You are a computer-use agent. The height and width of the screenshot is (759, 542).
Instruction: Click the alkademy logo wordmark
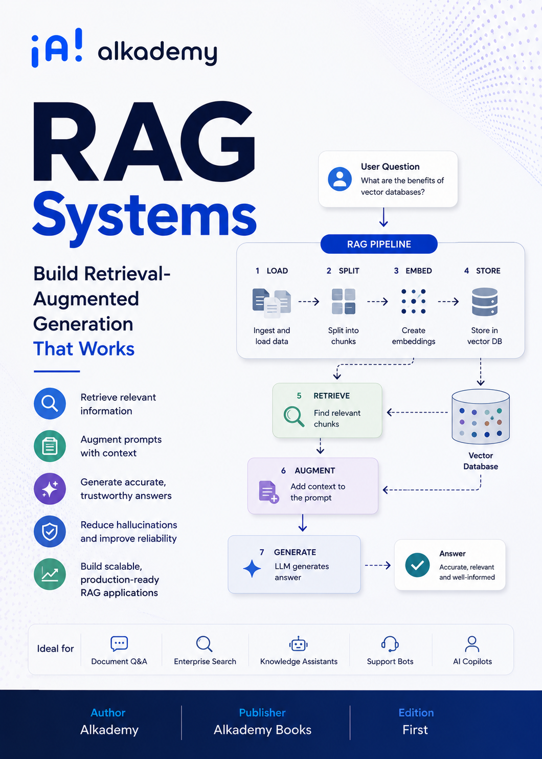click(157, 52)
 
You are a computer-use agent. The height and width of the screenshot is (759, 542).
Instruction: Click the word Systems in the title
click(145, 217)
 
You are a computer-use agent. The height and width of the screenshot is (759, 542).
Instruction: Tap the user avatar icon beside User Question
click(340, 179)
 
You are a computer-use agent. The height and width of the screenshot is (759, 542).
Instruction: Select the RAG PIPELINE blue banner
click(379, 244)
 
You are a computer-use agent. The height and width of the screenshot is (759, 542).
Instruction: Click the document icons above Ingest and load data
click(272, 303)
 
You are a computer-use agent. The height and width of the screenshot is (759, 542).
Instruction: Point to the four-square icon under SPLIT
click(344, 301)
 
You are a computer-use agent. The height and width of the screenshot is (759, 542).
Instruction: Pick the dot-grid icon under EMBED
click(413, 301)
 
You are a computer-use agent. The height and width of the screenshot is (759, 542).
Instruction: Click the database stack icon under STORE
click(484, 302)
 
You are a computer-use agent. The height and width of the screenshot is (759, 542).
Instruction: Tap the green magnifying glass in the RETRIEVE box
click(293, 416)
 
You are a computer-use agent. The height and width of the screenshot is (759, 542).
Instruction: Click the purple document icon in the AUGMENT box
click(268, 492)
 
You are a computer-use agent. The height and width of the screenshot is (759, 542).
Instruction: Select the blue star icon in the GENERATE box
click(252, 569)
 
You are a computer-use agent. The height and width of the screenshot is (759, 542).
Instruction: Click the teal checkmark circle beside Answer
click(417, 565)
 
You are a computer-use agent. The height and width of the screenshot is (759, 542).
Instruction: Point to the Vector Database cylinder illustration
click(480, 416)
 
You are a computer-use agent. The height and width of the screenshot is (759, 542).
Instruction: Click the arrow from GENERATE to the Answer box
click(378, 565)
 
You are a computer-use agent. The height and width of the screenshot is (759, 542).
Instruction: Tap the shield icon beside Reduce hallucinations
click(50, 531)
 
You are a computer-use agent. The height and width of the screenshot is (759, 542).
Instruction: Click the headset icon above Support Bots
click(390, 643)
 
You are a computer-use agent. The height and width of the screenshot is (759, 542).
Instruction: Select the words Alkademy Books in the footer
click(262, 729)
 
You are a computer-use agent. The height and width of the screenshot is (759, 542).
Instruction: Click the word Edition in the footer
click(416, 712)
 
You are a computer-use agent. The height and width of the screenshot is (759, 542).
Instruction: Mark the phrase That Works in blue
click(84, 349)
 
